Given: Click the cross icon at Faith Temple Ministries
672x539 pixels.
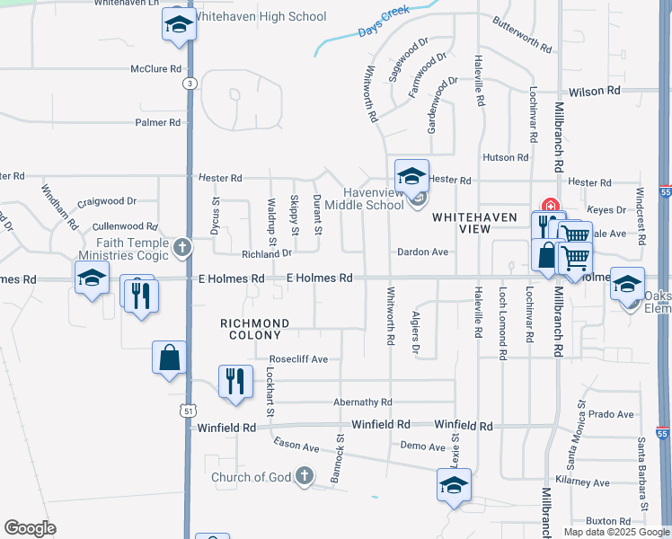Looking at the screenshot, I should pos(182,247).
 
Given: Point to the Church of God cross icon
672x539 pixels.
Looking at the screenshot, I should pos(304,476).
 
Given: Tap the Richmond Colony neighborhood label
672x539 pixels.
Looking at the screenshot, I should pos(256,329).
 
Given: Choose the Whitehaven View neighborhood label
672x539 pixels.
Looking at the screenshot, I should pos(462,223).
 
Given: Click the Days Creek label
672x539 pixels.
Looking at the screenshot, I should pos(384,23).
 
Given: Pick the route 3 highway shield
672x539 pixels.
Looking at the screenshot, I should pos(189,84).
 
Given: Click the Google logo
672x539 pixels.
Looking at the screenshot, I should pos(30,528).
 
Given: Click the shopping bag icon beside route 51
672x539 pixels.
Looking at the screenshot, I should pos(169,358).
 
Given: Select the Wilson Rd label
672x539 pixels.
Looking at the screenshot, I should pos(595,91).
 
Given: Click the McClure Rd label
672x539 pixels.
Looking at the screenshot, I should pos(156,68).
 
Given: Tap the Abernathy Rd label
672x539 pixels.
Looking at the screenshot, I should pos(362,402).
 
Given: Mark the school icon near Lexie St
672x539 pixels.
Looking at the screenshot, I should pos(454,486).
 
